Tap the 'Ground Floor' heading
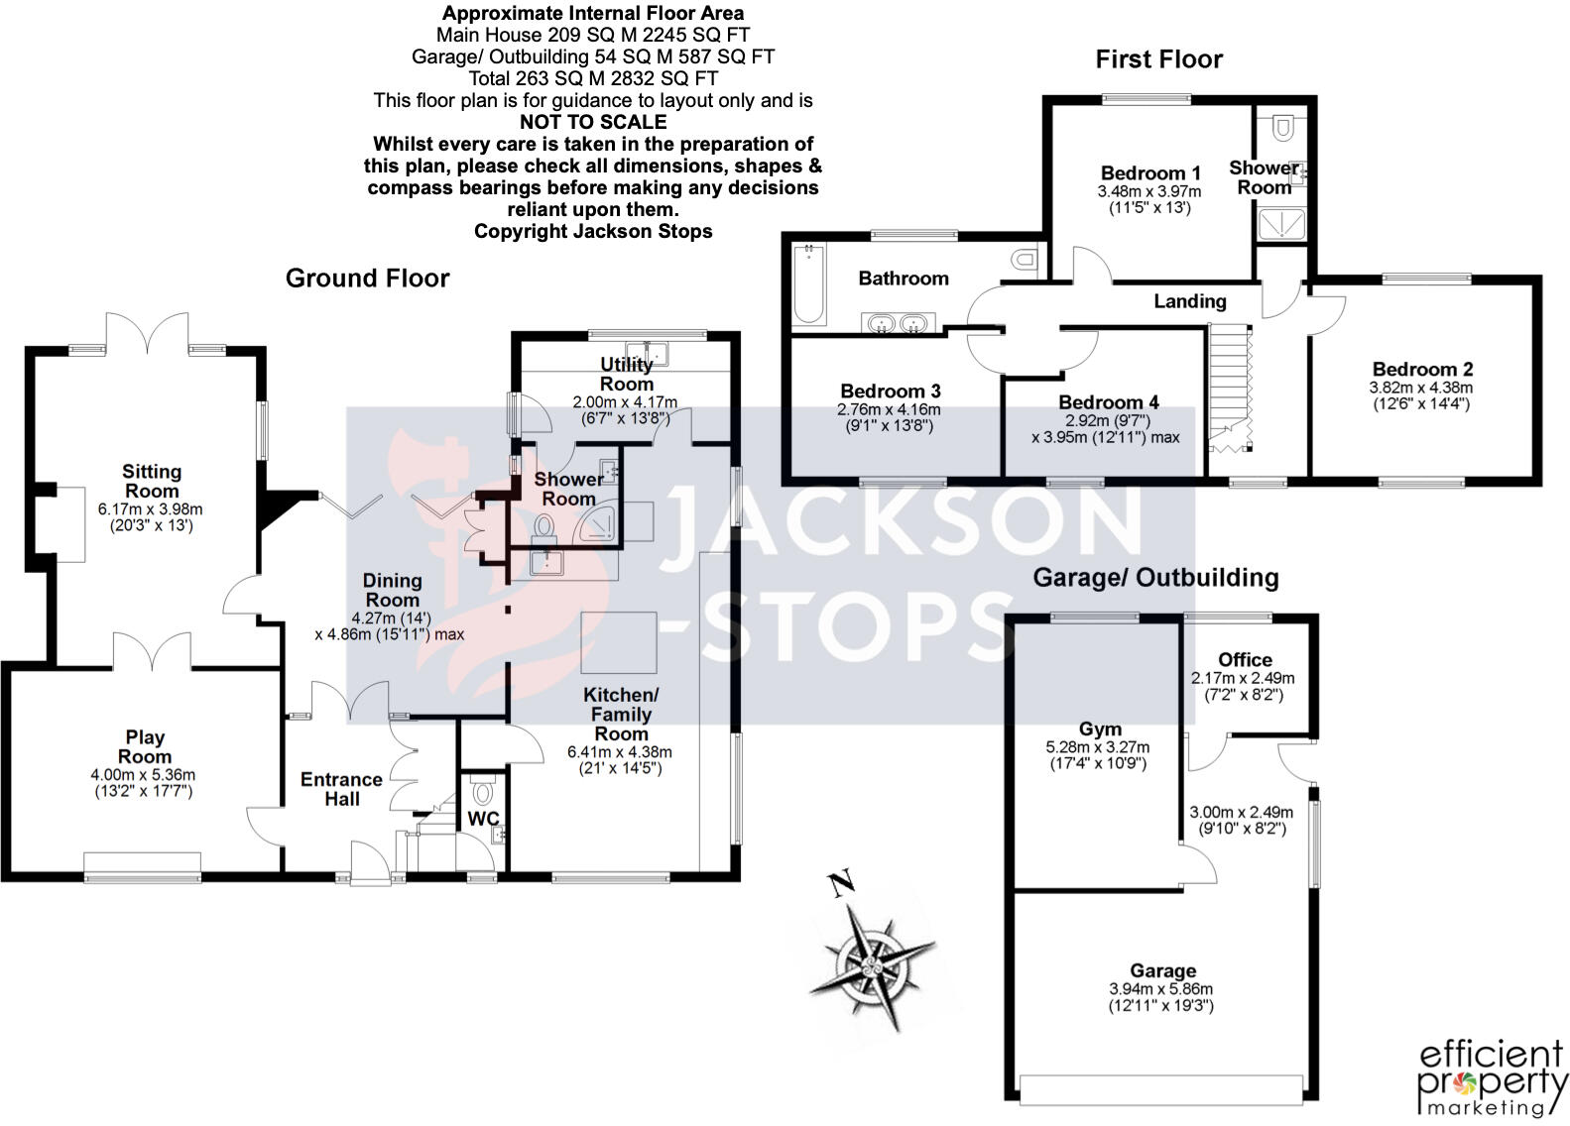[x=367, y=279]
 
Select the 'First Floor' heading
[x=1158, y=59]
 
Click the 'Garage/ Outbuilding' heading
[x=1155, y=577]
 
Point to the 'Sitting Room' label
[x=152, y=481]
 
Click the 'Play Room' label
[x=145, y=746]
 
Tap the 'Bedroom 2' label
[x=1420, y=370]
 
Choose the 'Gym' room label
[x=1099, y=730]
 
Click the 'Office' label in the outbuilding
[x=1245, y=660]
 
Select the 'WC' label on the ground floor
[x=483, y=819]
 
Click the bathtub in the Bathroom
[x=809, y=285]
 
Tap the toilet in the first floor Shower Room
[x=1282, y=127]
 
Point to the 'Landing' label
[x=1189, y=301]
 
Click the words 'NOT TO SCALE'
[x=593, y=122]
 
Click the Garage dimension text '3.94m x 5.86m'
[x=1160, y=989]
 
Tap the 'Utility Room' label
[x=626, y=374]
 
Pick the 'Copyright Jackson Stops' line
[x=593, y=231]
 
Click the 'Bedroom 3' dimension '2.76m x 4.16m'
[x=889, y=409]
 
